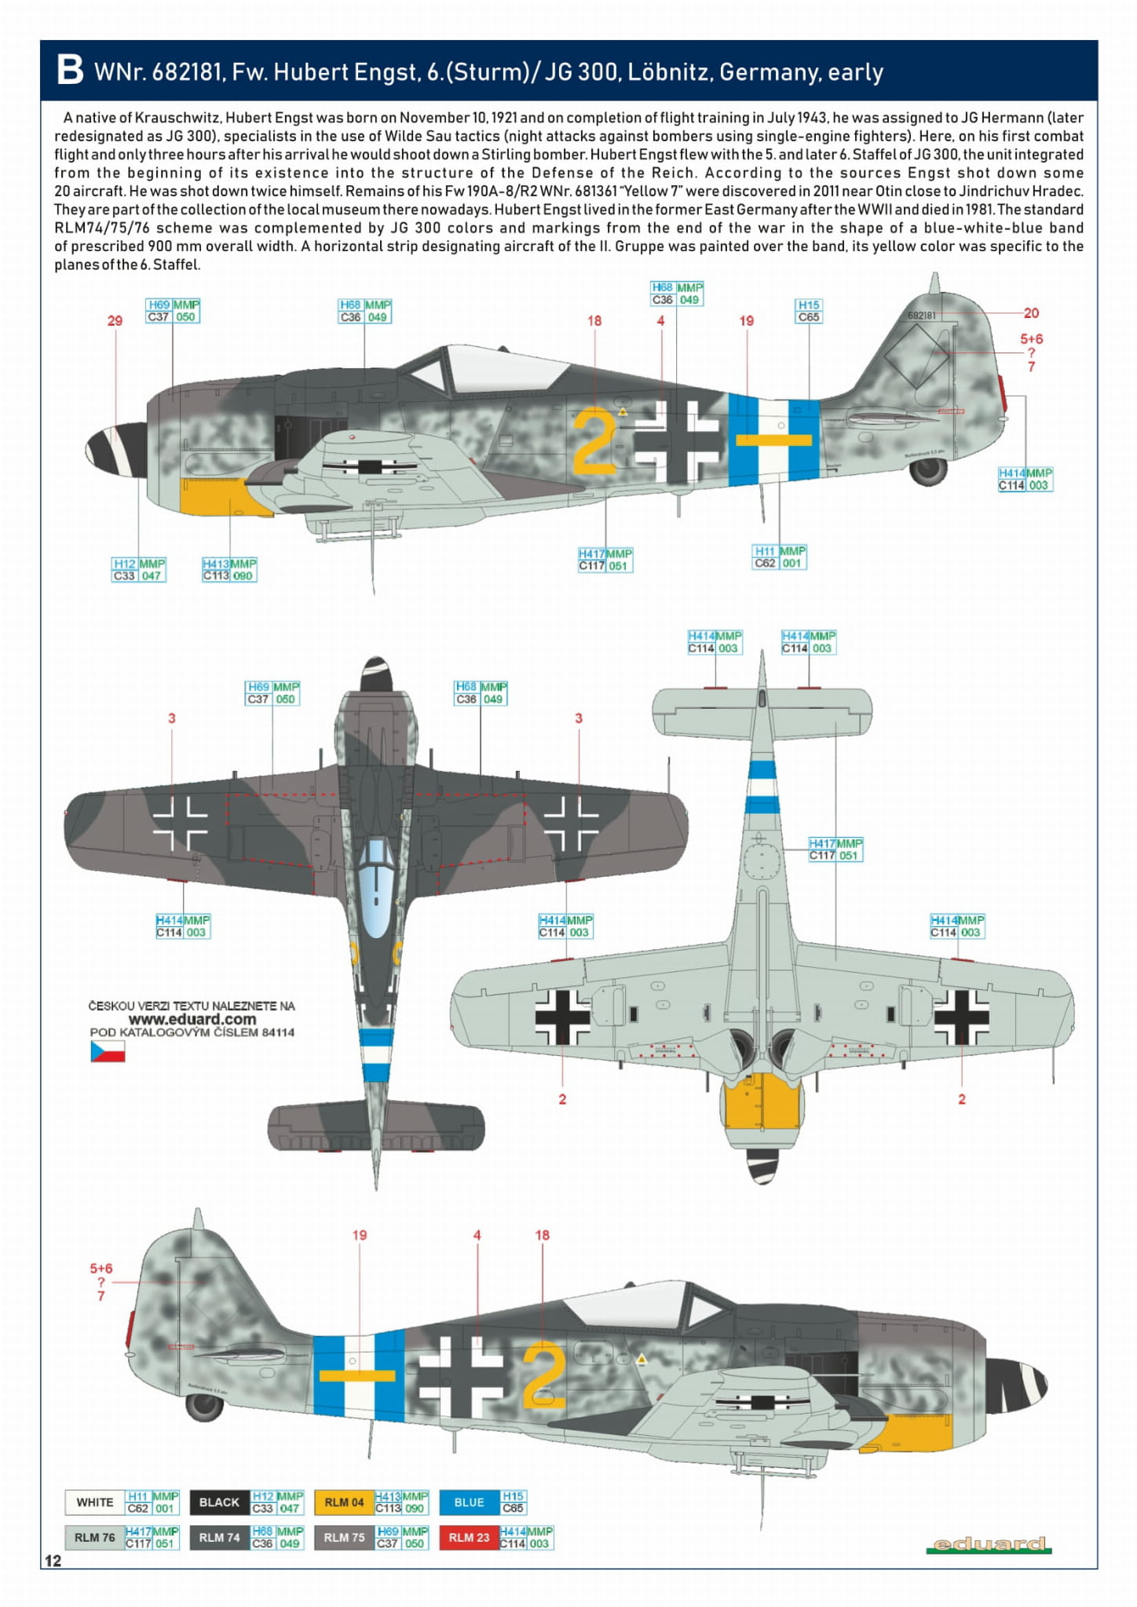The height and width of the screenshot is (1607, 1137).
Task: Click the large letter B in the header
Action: tap(70, 70)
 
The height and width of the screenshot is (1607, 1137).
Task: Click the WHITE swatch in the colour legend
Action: tap(95, 1502)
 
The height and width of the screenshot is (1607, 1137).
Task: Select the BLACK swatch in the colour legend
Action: tap(219, 1502)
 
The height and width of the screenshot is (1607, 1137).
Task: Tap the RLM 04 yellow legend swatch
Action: tap(344, 1502)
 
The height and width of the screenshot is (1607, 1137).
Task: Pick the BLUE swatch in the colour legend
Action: tap(469, 1502)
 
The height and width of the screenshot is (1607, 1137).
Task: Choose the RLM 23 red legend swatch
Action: tap(469, 1537)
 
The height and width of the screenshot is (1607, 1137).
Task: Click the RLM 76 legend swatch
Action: tap(95, 1537)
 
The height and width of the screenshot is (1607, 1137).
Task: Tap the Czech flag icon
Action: tap(108, 1051)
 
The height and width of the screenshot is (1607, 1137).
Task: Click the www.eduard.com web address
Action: tap(192, 1019)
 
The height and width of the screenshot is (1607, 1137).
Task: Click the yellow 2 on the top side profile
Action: tap(594, 441)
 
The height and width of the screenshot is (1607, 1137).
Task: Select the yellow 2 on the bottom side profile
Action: tap(543, 1375)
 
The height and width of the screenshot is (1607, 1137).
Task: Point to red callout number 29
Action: tap(115, 320)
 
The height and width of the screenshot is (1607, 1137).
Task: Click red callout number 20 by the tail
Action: tap(1031, 312)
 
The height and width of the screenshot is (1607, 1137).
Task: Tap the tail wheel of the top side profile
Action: tap(929, 470)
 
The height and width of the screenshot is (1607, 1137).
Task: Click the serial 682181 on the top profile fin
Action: tap(921, 316)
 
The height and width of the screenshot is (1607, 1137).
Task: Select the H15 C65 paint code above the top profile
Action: tap(808, 311)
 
